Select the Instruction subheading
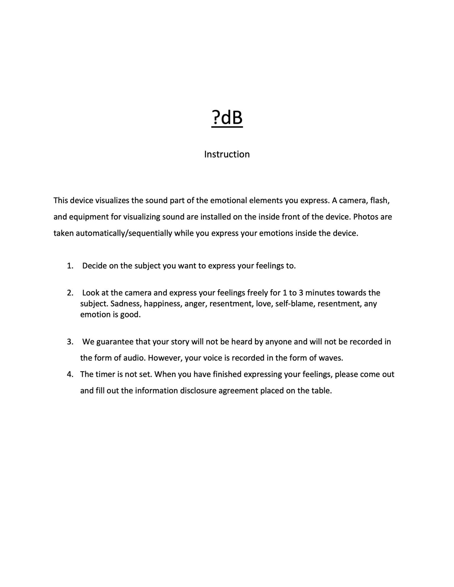pos(227,154)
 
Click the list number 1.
pos(70,266)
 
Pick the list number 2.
pos(70,293)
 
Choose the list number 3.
pos(70,342)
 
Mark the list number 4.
pos(70,374)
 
